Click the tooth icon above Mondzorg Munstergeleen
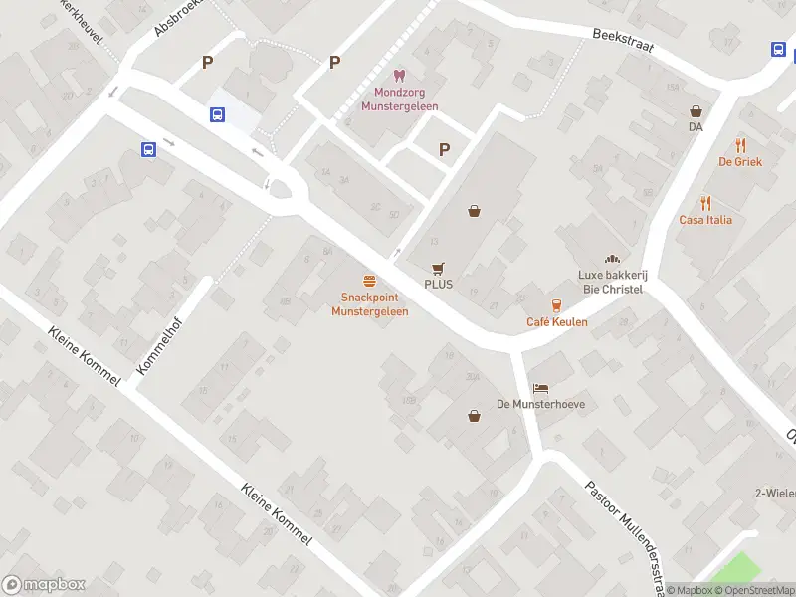coord(399,75)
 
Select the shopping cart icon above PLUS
coord(438,268)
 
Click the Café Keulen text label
coord(556,322)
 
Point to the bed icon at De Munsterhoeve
coord(540,388)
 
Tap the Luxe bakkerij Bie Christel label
coord(610,282)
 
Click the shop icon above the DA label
coord(696,111)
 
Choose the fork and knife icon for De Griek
coord(739,145)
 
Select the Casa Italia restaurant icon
coord(705,203)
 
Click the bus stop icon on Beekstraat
coord(778,49)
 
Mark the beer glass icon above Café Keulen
coord(556,305)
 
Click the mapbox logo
coord(44,585)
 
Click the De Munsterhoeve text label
coord(540,405)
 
